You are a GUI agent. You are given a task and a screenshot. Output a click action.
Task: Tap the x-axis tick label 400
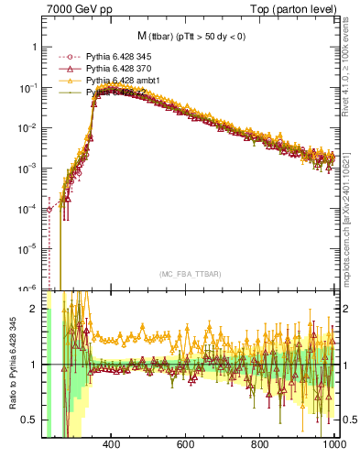coord(112,445)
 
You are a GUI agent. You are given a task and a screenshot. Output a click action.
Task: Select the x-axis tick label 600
coord(186,445)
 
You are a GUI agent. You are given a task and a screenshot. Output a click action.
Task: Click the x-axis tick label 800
coord(260,445)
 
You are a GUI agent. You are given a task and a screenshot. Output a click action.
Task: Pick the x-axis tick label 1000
coord(332,445)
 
